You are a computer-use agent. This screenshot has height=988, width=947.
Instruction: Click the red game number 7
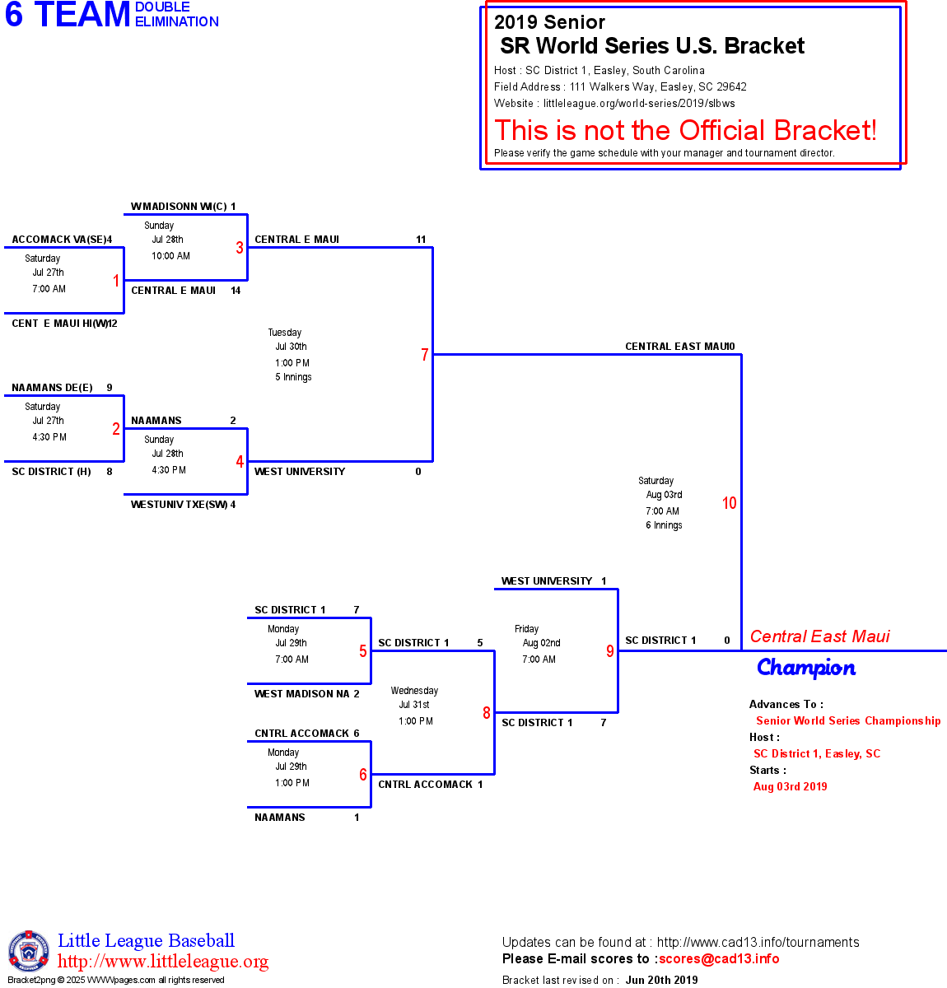[x=425, y=355]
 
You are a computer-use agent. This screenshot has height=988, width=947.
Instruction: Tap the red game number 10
[x=729, y=503]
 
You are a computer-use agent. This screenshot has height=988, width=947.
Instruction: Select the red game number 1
[x=116, y=281]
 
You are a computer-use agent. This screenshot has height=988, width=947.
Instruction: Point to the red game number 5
[x=362, y=651]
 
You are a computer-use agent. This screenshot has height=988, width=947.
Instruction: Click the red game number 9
[x=609, y=651]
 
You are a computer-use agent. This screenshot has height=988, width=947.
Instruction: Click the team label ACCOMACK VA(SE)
[x=58, y=240]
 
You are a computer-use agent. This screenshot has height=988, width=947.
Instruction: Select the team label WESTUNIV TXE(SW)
[x=179, y=505]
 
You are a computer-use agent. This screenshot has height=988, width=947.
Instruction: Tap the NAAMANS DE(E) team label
[x=52, y=388]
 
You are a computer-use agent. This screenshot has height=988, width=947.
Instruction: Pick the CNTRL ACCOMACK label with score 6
[x=301, y=734]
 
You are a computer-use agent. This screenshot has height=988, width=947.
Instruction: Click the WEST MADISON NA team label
[x=301, y=694]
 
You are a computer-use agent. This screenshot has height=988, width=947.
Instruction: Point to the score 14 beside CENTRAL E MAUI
[x=236, y=291]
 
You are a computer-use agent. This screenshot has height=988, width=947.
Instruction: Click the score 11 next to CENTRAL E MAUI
[x=421, y=240]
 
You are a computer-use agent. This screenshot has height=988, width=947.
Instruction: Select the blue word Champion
[x=806, y=668]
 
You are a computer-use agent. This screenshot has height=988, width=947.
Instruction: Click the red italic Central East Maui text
[x=819, y=636]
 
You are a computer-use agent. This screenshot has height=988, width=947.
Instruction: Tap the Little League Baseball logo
[x=29, y=951]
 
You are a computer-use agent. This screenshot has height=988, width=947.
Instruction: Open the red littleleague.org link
[x=163, y=962]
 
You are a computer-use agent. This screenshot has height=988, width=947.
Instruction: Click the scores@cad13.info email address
[x=719, y=958]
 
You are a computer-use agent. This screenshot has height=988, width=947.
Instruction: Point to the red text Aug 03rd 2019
[x=790, y=786]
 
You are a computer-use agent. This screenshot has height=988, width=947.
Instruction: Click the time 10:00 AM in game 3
[x=170, y=256]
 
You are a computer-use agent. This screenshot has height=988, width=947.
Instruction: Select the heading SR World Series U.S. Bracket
[x=652, y=46]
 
